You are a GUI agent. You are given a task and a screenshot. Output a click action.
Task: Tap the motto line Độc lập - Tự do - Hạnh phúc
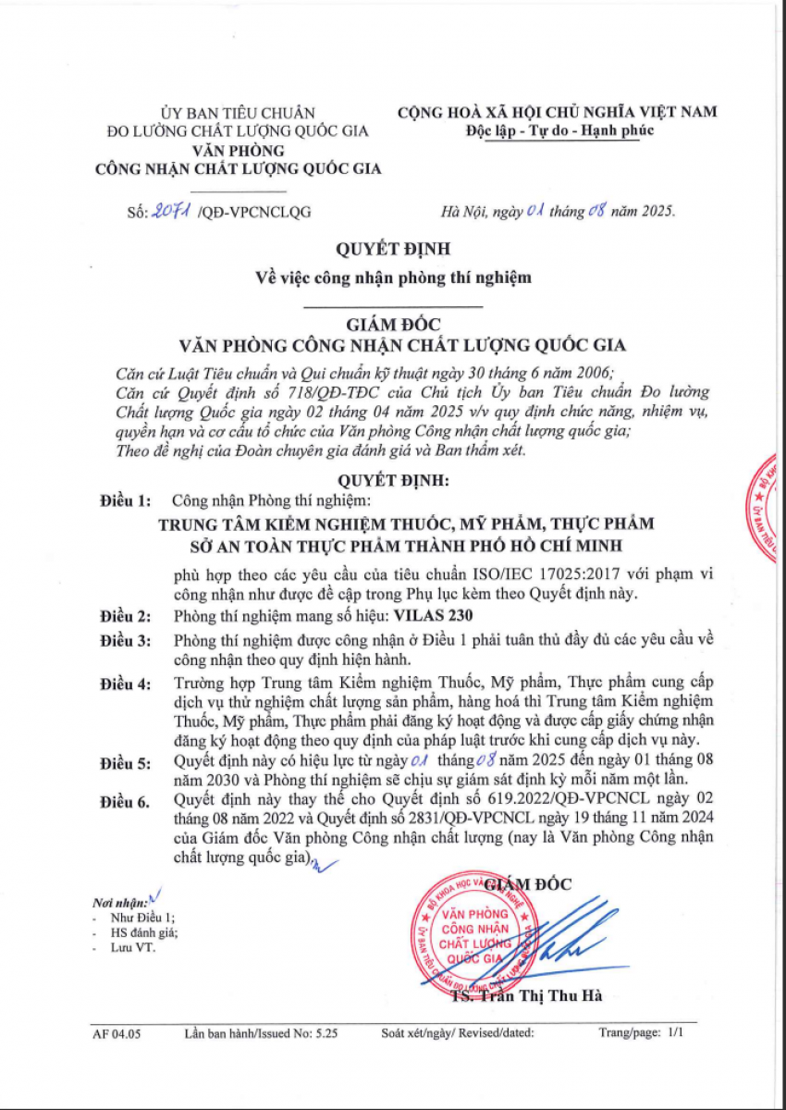click(x=560, y=129)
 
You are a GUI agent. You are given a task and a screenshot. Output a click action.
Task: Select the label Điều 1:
click(x=125, y=501)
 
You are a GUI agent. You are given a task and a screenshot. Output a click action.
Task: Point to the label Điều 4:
click(x=125, y=684)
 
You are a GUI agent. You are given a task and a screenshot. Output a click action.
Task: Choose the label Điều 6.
click(x=125, y=803)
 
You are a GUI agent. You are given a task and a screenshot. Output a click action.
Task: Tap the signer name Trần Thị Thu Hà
click(x=532, y=995)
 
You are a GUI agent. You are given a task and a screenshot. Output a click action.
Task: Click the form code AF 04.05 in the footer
click(x=117, y=1035)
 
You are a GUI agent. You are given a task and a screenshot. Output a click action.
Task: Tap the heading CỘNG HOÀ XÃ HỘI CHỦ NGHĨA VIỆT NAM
click(x=558, y=112)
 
